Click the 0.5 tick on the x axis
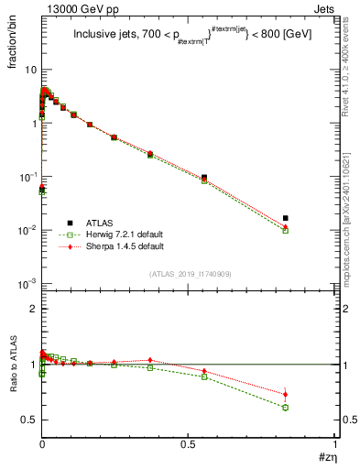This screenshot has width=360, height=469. (x=189, y=446)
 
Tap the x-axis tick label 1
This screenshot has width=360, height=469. (x=336, y=446)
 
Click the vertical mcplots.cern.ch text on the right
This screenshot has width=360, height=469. (x=351, y=229)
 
